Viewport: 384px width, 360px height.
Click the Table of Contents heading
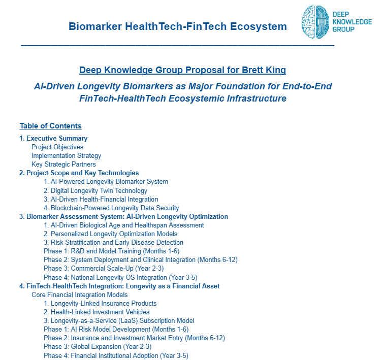point(50,126)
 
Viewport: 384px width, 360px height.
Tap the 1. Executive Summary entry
point(53,139)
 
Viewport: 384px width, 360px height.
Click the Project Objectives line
point(57,147)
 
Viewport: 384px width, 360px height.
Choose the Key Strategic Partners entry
point(63,165)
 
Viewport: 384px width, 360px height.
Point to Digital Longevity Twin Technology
point(95,190)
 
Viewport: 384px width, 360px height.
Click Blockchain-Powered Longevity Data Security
point(111,208)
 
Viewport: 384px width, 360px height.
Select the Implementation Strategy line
point(66,156)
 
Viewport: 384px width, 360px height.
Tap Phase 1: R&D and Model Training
point(111,251)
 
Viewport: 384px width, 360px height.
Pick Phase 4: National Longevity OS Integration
point(120,277)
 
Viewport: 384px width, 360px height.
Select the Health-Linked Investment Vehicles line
point(97,312)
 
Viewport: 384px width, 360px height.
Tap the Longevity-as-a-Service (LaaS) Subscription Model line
point(119,320)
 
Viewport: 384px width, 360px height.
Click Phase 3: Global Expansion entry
point(98,346)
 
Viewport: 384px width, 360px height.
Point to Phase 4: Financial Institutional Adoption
point(116,355)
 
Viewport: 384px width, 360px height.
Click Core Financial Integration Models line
point(79,294)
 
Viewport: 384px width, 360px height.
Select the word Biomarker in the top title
point(93,26)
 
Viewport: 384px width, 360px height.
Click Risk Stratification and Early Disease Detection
point(113,242)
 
